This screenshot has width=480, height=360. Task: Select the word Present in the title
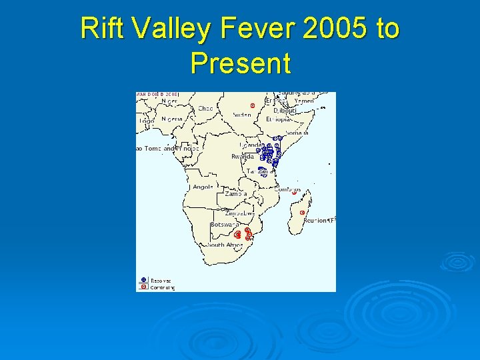pos(240,63)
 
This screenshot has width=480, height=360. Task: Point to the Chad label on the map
pos(205,108)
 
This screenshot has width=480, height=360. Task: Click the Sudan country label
pos(242,115)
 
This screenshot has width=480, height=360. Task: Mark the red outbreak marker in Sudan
pos(252,105)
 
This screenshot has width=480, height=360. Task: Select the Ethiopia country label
pos(279,120)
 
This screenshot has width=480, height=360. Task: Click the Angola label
pos(203,187)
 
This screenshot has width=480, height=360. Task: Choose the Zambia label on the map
pos(236,193)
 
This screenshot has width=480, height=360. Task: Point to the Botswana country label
pos(221,225)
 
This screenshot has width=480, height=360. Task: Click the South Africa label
pos(225,245)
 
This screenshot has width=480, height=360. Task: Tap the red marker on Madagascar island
pos(303,213)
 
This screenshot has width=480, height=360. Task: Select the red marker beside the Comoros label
pos(294,192)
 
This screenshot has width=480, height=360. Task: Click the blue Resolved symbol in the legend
pos(143,281)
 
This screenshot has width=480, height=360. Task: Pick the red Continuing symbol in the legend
pos(143,287)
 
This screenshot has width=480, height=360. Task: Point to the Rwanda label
pos(242,156)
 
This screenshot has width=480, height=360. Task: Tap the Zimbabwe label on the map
pos(239,213)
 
